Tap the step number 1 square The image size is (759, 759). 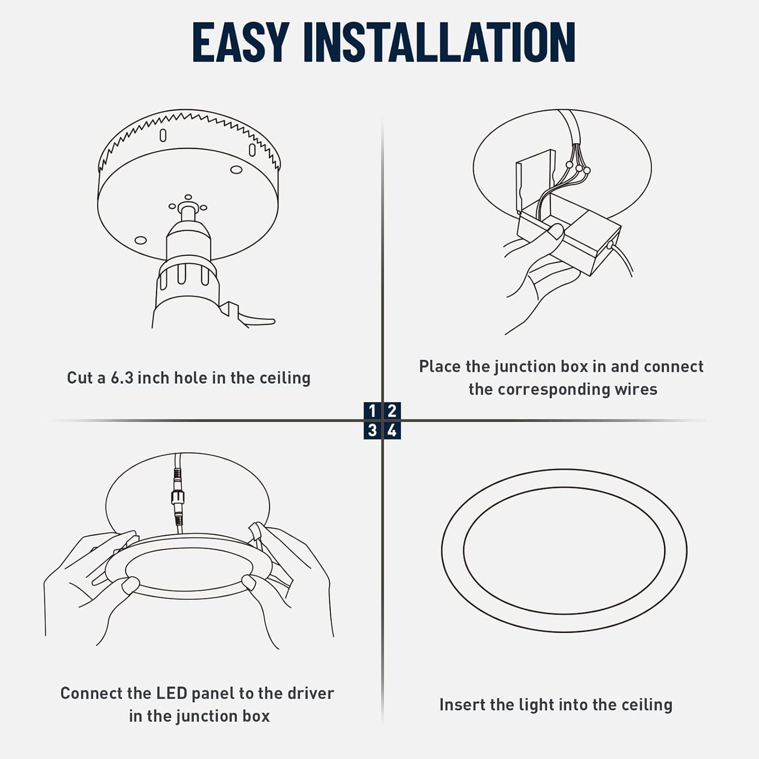[x=372, y=411]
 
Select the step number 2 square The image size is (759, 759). [x=392, y=411]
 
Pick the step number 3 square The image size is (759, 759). [x=372, y=431]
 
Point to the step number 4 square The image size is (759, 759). [x=392, y=431]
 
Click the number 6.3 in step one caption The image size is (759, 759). [x=122, y=378]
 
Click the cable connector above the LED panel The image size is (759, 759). [x=176, y=496]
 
